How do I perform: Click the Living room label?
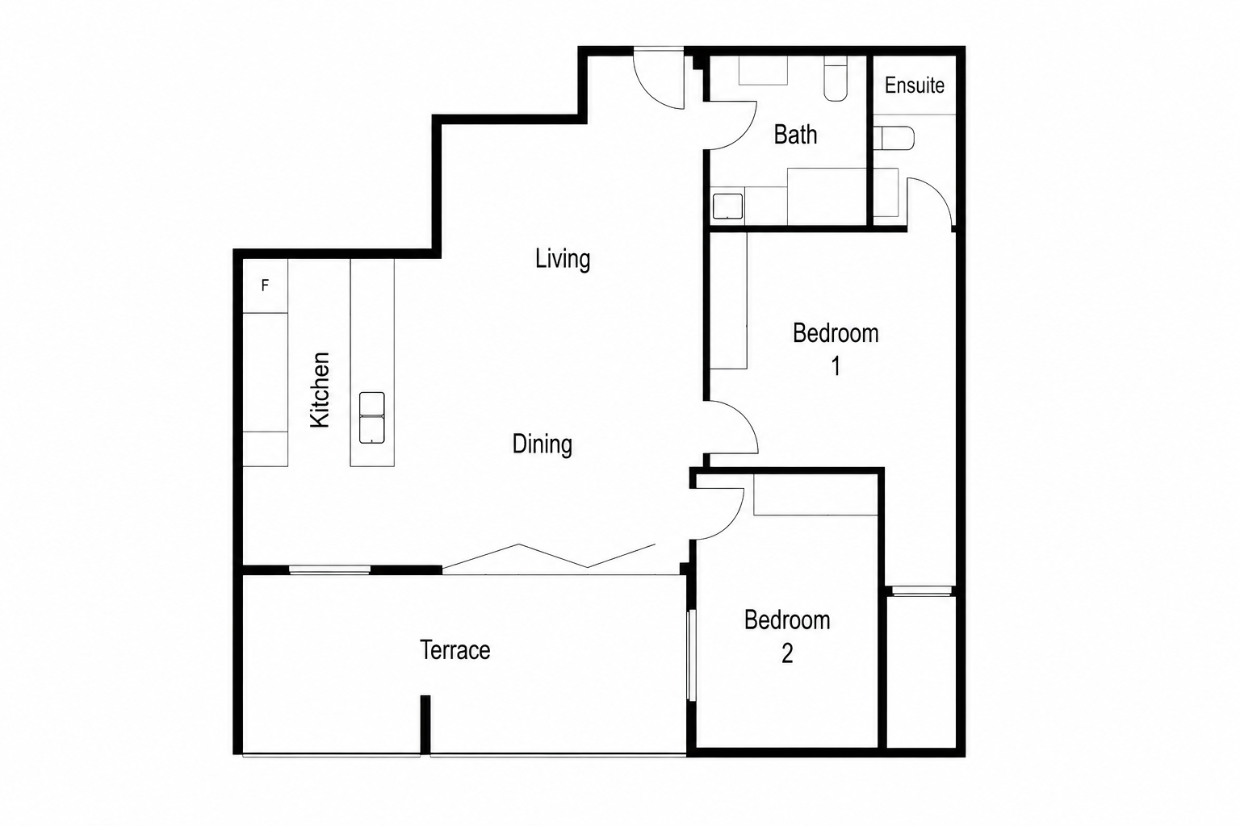pos(563,259)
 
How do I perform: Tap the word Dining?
pos(542,444)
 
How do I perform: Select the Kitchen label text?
pos(320,390)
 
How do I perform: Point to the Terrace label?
pos(455,650)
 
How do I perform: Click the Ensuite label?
pos(915,86)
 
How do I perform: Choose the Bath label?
pos(795,135)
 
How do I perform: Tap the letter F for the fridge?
pos(265,286)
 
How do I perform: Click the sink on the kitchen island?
pos(372,418)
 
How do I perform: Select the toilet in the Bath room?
pos(836,78)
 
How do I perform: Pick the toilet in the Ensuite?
pos(894,138)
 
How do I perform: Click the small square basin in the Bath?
pos(727,206)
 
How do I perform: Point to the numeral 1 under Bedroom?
pos(836,366)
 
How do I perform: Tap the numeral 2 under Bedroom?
pos(787,653)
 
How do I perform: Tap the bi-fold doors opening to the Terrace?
pos(549,557)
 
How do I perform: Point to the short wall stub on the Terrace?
pos(425,724)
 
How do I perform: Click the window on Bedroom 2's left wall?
pos(691,655)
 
